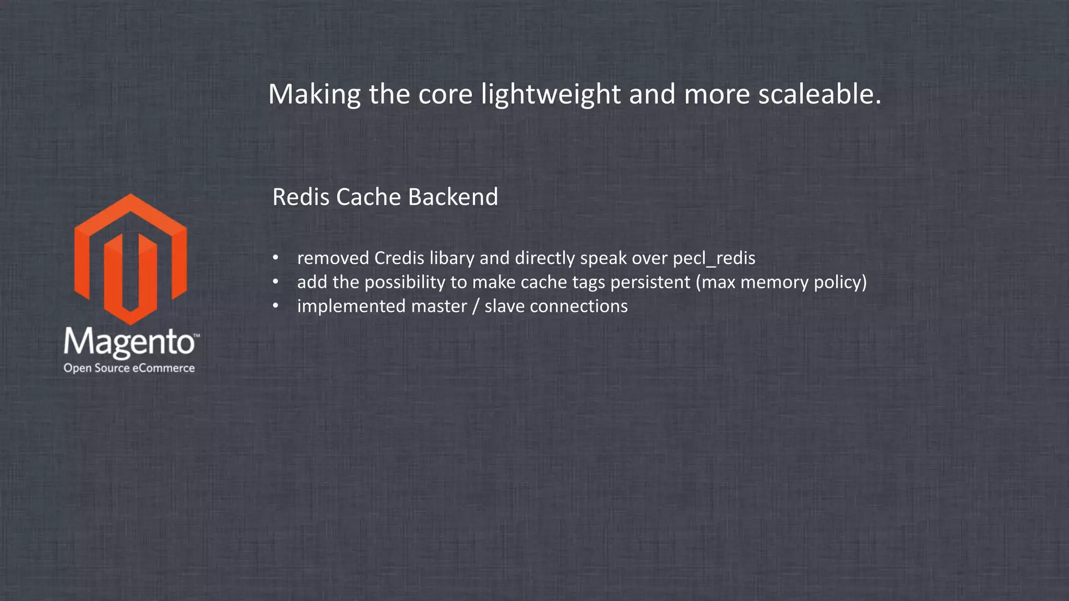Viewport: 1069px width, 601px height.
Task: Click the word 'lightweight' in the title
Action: [551, 94]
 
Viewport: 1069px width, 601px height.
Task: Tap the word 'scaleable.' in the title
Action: [819, 94]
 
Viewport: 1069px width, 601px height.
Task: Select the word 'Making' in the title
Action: [314, 94]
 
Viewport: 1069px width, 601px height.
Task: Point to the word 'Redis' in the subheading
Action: [301, 197]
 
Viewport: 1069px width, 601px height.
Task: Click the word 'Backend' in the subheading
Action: [453, 197]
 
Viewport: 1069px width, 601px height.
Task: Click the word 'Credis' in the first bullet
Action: [399, 258]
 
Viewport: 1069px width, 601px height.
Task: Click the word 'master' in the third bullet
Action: [438, 306]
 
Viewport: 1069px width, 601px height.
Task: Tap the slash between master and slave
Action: [475, 306]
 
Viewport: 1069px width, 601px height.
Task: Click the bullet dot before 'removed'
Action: [276, 258]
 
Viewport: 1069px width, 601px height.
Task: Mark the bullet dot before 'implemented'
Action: [276, 306]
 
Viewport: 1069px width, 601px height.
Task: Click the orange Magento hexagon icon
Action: [130, 259]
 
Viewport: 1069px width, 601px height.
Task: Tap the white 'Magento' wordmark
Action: [129, 343]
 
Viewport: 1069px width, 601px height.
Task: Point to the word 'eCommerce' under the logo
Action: [163, 368]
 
